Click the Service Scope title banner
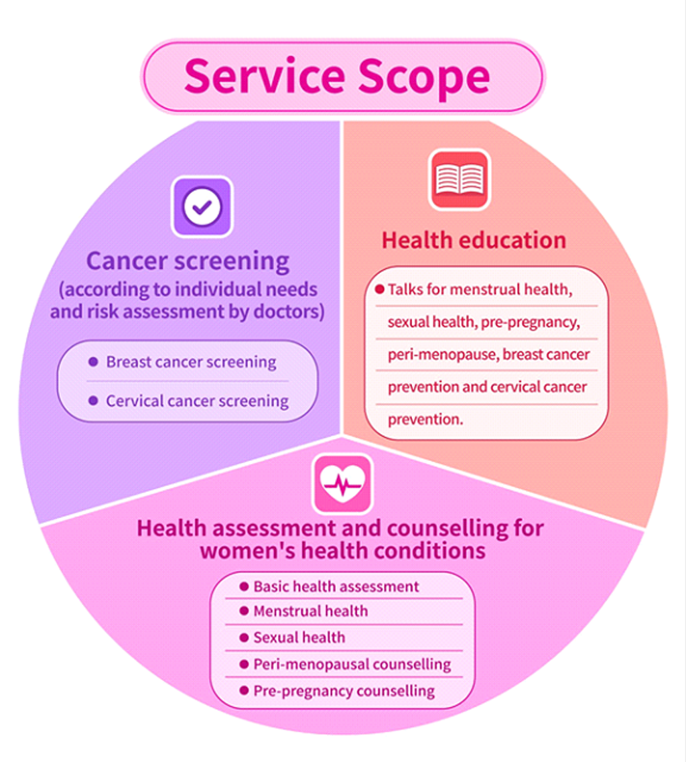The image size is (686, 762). point(343,76)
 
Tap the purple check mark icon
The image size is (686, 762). point(202,207)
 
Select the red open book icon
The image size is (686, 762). point(459,180)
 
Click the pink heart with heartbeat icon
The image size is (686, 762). point(343,484)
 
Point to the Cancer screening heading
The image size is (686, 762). point(188,261)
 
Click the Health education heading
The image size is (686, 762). point(474,240)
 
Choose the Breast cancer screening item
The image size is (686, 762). point(191,362)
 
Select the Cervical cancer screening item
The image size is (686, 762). point(197,401)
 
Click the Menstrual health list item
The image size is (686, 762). point(311,611)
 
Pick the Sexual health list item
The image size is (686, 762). point(299,637)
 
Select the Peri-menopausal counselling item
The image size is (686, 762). point(352,664)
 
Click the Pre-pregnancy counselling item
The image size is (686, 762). point(344,691)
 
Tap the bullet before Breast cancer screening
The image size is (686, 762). point(93,361)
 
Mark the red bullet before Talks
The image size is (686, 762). point(380,290)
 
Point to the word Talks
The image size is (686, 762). point(406,290)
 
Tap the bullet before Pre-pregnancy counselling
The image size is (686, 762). point(245,690)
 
